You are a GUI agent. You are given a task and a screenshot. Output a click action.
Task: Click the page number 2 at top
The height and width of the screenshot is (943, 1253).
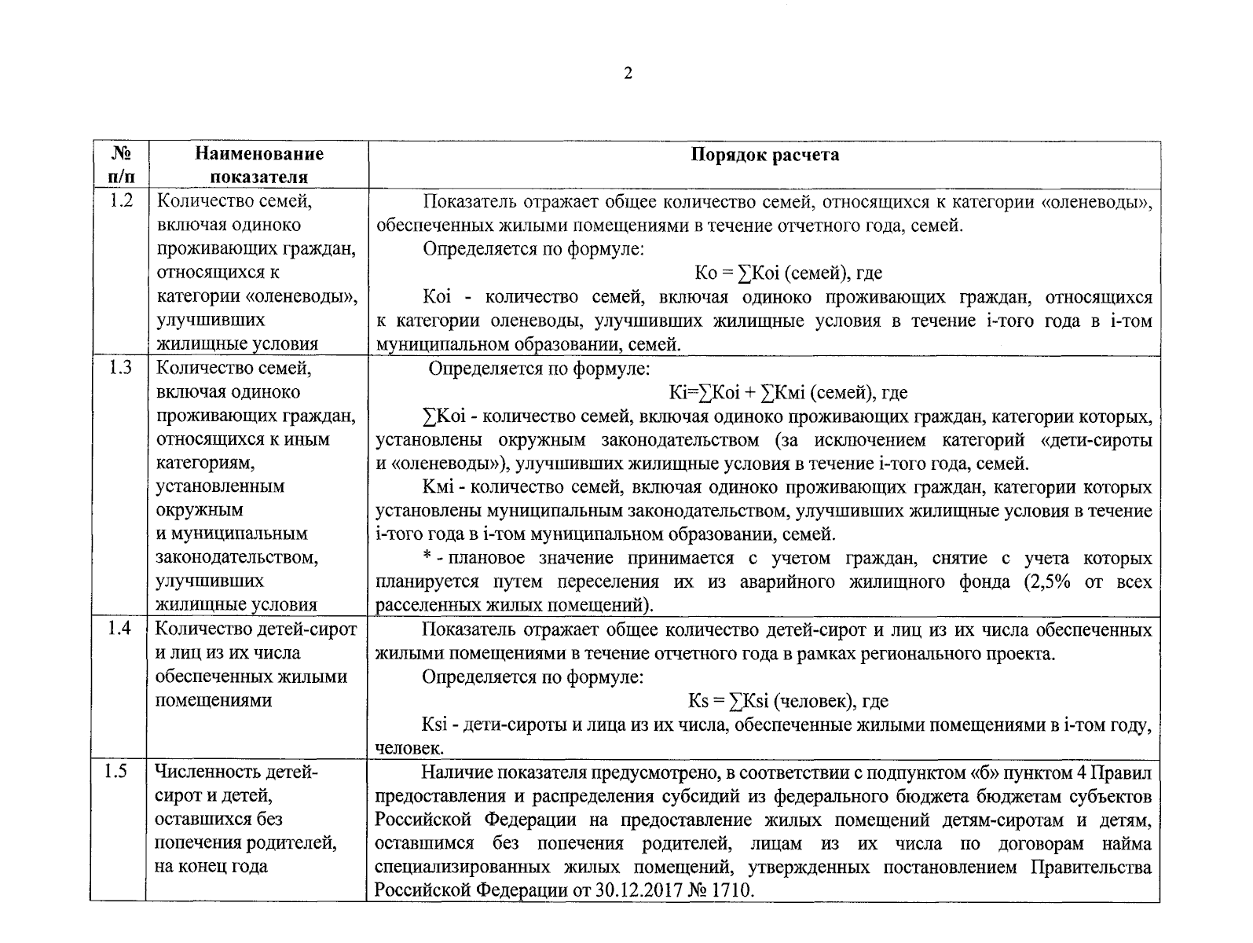pyautogui.click(x=627, y=74)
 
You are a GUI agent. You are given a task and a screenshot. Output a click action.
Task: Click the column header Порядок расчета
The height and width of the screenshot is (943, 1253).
pyautogui.click(x=764, y=155)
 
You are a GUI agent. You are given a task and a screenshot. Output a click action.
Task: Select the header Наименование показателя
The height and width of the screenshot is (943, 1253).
pyautogui.click(x=259, y=165)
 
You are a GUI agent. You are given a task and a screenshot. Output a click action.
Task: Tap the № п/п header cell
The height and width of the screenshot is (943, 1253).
pyautogui.click(x=119, y=165)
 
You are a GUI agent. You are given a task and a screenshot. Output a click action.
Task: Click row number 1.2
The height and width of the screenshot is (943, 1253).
pyautogui.click(x=119, y=201)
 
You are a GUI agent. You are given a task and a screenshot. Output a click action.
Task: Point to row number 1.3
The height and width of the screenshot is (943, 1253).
pyautogui.click(x=119, y=368)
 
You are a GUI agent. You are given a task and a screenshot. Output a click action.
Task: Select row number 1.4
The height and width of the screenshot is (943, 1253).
pyautogui.click(x=119, y=629)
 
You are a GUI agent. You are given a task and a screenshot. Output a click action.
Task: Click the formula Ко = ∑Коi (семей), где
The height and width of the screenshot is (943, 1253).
pyautogui.click(x=789, y=273)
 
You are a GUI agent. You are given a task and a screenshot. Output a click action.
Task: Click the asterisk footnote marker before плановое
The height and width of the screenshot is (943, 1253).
pyautogui.click(x=427, y=558)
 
